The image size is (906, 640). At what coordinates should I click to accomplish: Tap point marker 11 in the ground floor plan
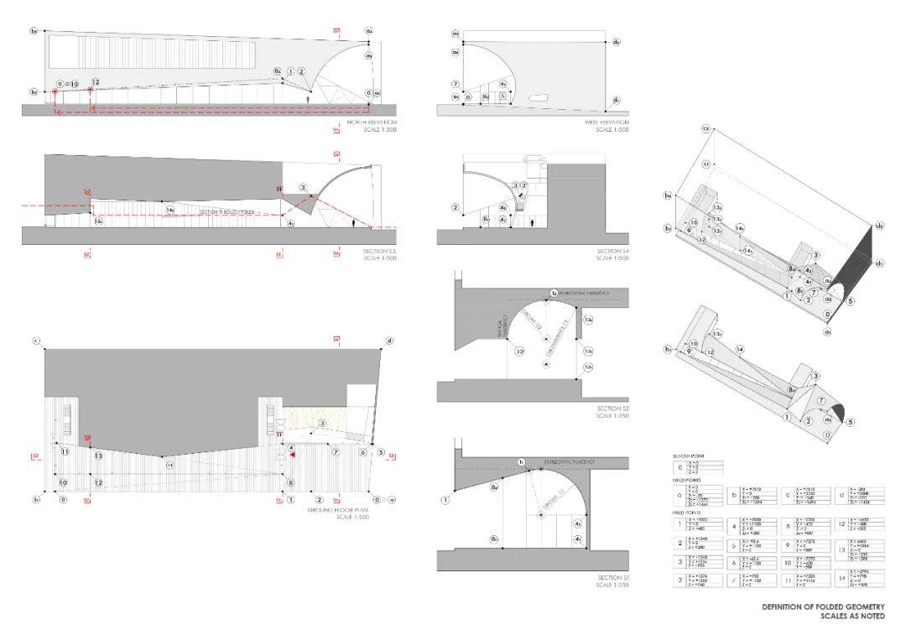tap(65, 452)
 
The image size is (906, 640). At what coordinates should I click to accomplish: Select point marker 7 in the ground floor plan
tap(336, 452)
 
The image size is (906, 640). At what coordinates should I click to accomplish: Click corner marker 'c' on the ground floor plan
tap(36, 341)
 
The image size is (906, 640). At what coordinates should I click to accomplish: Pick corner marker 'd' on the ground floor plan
tap(389, 341)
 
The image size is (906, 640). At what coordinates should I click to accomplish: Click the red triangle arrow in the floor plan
tap(292, 455)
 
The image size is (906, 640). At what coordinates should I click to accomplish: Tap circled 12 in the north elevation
tap(95, 82)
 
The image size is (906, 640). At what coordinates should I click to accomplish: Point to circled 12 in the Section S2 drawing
tap(519, 351)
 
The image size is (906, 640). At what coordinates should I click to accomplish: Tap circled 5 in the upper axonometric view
tap(851, 300)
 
